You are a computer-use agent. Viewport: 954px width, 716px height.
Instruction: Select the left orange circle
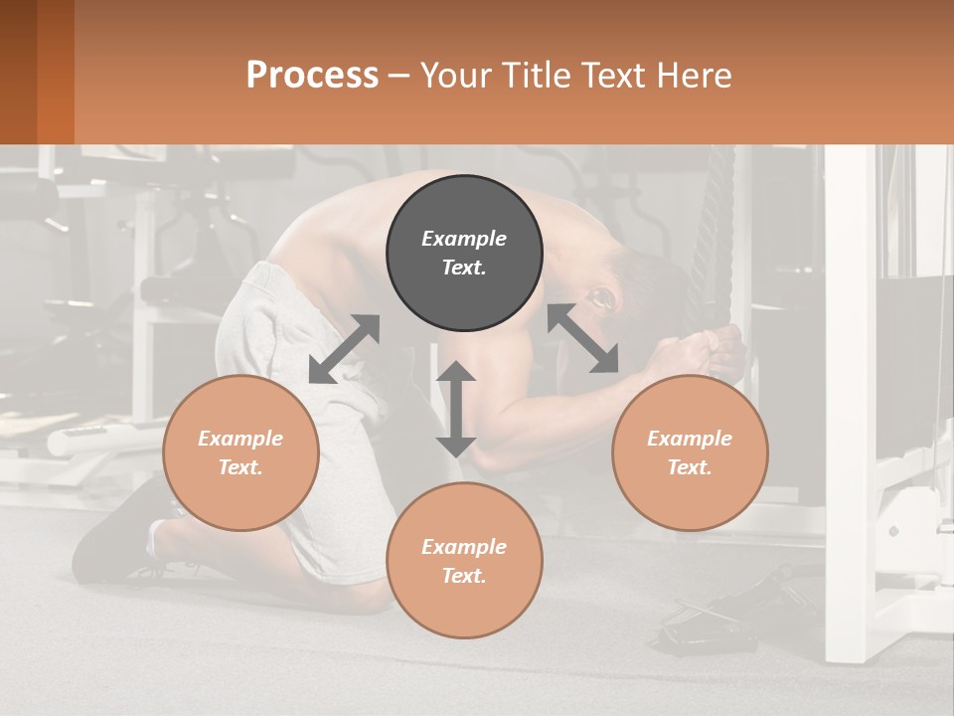point(240,452)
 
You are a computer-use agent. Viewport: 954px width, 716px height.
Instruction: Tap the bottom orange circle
point(464,560)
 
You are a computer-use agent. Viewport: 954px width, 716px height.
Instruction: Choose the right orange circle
point(689,452)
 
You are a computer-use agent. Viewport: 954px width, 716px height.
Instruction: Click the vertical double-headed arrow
point(456,409)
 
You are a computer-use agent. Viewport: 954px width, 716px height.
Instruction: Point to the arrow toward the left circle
point(344,349)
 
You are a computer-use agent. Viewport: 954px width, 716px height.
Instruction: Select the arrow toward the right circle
point(583,338)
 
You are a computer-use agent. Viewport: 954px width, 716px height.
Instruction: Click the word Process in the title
point(312,75)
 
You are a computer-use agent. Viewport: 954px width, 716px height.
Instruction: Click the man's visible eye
point(600,296)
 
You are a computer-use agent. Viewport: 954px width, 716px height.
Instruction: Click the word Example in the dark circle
point(464,239)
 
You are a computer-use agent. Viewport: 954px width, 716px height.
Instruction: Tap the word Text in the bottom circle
point(462,576)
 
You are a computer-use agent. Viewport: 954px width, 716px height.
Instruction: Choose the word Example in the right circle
point(689,439)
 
